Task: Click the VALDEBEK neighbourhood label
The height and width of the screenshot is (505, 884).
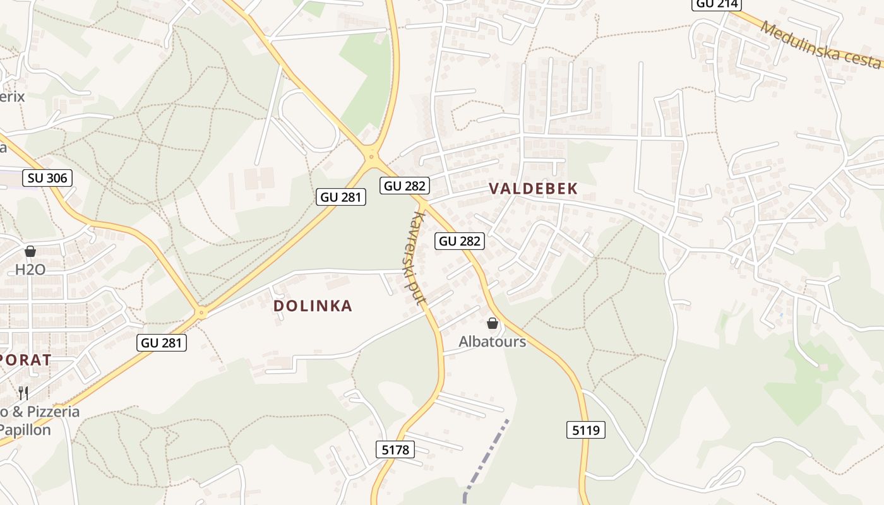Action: (x=534, y=189)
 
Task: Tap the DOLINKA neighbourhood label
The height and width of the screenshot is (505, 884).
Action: (x=313, y=306)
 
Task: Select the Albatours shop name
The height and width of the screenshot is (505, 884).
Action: (x=492, y=342)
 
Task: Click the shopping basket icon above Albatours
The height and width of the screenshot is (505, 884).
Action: (x=493, y=324)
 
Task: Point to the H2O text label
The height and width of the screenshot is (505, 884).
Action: (x=30, y=270)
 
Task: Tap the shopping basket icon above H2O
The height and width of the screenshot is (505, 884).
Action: (x=30, y=252)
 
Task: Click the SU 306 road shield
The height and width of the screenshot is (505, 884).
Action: (x=47, y=178)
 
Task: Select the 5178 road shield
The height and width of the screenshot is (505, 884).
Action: (x=396, y=449)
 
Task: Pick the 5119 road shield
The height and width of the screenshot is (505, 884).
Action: (x=585, y=431)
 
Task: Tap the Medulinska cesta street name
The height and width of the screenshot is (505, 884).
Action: (x=820, y=45)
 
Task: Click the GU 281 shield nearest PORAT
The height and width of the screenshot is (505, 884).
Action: (x=162, y=343)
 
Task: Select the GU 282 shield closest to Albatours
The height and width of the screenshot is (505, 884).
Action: (x=460, y=241)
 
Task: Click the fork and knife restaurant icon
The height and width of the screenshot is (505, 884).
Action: (x=23, y=393)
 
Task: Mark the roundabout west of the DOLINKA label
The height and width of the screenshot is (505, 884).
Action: (x=201, y=312)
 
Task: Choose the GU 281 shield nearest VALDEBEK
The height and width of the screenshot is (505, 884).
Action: (x=341, y=197)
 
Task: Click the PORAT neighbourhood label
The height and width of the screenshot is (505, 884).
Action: (x=25, y=360)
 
